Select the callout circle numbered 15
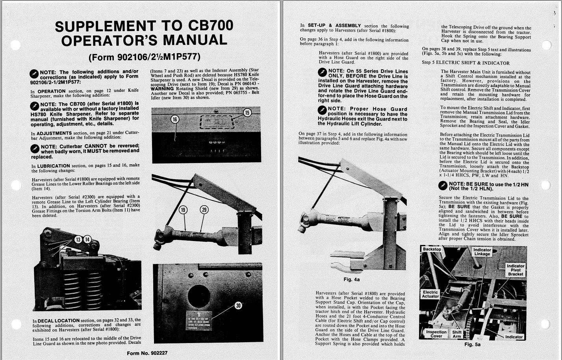pos(247,113)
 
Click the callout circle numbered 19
pos(183,210)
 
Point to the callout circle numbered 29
pos(204,210)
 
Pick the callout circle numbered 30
pos(238,305)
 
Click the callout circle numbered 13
pos(78,239)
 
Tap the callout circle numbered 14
pos(87,239)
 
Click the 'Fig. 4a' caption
pos(351,280)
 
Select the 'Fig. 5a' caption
pos(472,344)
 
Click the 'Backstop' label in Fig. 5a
pos(432,249)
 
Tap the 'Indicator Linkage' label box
pos(482,252)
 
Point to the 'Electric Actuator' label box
pos(430,295)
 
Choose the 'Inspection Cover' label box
pos(436,334)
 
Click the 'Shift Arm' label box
pos(457,334)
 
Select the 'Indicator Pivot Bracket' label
pos(516,270)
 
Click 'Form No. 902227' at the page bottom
pos(147,353)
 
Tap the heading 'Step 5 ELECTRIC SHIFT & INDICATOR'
pos(466,63)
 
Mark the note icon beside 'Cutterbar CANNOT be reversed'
pos(35,148)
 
